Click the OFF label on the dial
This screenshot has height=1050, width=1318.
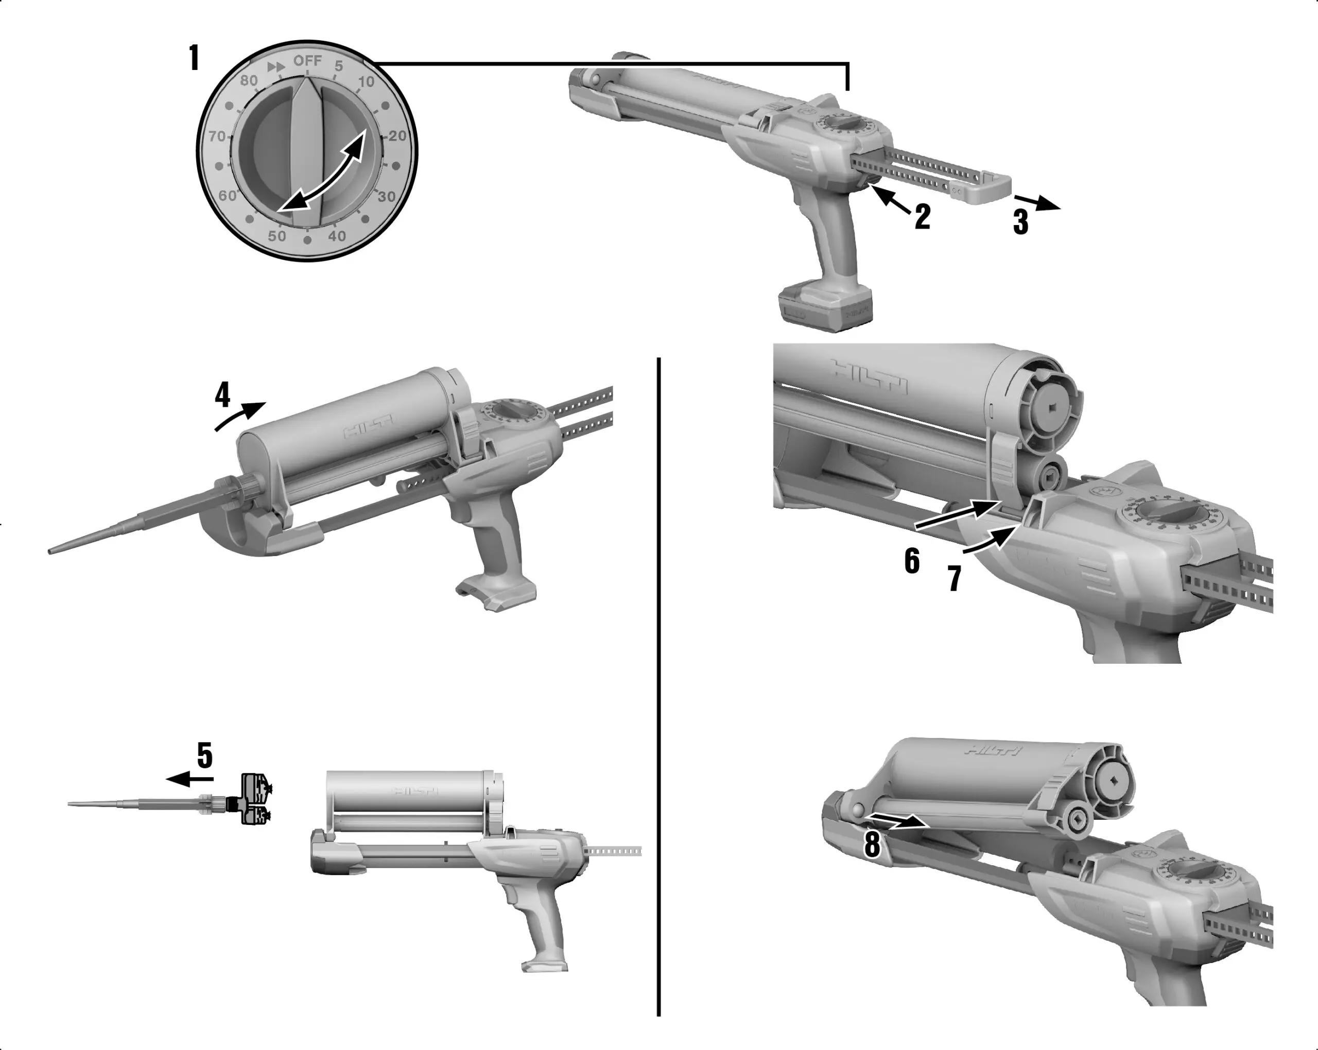click(307, 61)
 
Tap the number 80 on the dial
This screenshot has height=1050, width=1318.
click(249, 80)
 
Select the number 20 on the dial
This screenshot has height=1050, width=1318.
click(397, 136)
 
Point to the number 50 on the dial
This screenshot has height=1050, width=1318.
click(277, 235)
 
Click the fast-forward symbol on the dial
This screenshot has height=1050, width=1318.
click(276, 66)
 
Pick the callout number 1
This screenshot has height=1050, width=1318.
click(195, 59)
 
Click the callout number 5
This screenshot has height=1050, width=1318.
click(205, 756)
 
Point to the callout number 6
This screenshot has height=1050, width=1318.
click(911, 561)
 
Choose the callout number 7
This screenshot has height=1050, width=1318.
click(955, 578)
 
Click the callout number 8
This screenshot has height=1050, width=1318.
click(872, 845)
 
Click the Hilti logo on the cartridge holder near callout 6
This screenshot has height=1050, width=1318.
click(869, 376)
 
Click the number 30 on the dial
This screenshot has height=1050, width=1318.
click(386, 196)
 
